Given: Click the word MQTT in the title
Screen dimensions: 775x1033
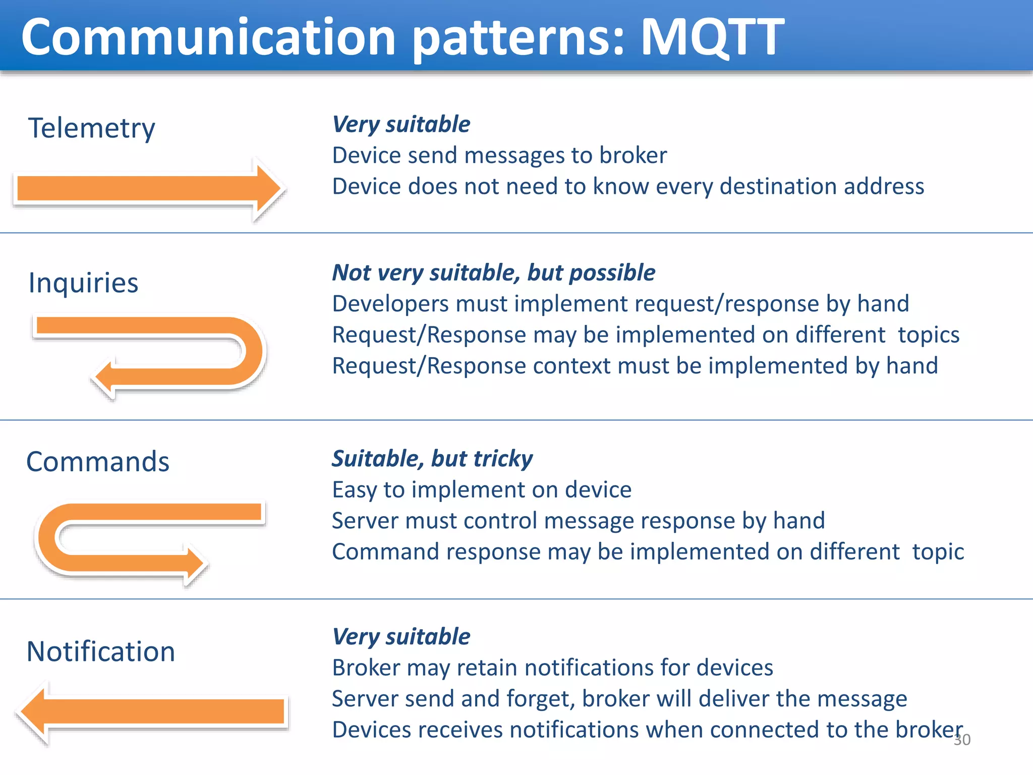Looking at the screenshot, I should coord(711,37).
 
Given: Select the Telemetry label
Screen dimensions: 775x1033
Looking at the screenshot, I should coord(91,128).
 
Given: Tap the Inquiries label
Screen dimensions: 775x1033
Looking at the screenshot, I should coord(83,283).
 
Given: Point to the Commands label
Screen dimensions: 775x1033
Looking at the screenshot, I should coord(97,462).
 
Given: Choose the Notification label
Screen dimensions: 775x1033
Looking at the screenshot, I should coord(100,651).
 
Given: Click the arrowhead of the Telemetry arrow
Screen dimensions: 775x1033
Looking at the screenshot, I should coord(267,189).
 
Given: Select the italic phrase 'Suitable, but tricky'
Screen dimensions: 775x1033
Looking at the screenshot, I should coord(432,459).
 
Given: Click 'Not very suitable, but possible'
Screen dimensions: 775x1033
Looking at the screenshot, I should coord(493,273).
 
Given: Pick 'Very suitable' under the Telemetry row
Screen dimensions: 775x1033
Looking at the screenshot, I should coord(401,125).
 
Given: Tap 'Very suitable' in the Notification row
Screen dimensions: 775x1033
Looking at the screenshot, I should coord(401,637).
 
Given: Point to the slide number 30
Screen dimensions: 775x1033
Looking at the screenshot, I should coord(962,740).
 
